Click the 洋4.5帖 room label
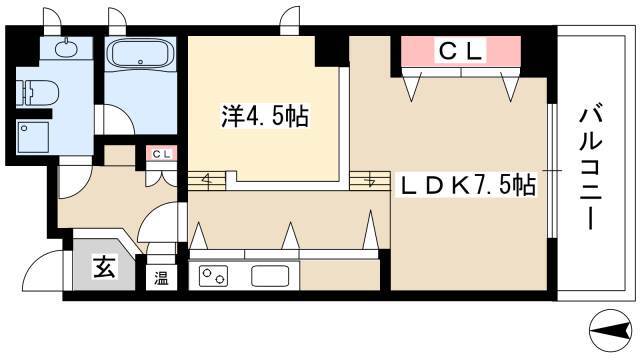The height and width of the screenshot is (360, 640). tap(265, 116)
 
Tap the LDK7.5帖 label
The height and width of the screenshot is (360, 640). tap(468, 186)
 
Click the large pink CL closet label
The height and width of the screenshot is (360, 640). tap(461, 51)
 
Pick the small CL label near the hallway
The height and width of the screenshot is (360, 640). tap(162, 154)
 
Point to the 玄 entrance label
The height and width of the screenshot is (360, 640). tap(104, 267)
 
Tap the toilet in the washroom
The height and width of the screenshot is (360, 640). tap(38, 92)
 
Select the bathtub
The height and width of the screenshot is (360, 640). tap(140, 53)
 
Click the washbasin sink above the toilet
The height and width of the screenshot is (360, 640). tap(66, 49)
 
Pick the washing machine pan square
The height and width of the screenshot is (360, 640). tap(33, 137)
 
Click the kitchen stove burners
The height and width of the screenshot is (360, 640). tap(213, 276)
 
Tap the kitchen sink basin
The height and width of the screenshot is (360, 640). tap(270, 276)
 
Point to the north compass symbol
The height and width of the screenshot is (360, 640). tap(611, 331)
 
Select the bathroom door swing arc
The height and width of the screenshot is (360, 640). tap(118, 118)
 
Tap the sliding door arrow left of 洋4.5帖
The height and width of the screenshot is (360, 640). tap(207, 180)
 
